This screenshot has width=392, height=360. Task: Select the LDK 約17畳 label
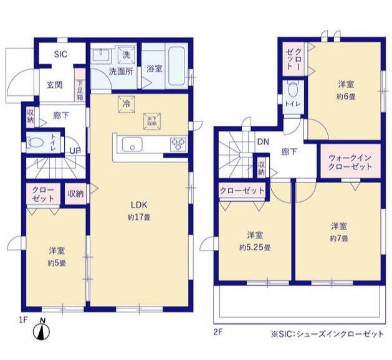pos(138,211)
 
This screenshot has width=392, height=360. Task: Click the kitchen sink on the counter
pos(133,146)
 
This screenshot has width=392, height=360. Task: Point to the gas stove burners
pos(178,145)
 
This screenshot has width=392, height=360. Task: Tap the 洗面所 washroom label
pos(121,71)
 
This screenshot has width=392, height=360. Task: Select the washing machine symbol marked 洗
pos(126,54)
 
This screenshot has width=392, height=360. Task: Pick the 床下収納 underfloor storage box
pos(151,120)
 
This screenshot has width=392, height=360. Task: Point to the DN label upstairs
pos(263,142)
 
